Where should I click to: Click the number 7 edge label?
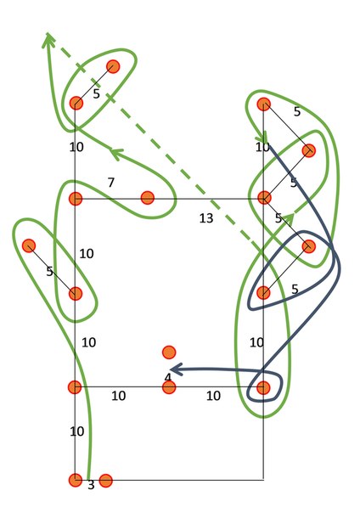click(111, 183)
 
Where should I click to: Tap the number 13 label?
click(206, 218)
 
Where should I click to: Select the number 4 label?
click(168, 378)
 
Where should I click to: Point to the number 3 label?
click(91, 485)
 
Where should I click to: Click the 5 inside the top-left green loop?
click(96, 94)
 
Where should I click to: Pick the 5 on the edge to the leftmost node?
click(49, 271)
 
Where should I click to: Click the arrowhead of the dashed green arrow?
click(48, 38)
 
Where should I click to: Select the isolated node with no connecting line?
click(169, 352)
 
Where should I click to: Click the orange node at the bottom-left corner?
click(76, 480)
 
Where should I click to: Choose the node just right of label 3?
click(105, 481)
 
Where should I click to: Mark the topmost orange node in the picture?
click(113, 67)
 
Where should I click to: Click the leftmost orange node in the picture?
click(29, 245)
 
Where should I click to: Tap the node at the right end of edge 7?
click(148, 198)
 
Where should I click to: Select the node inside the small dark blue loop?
click(263, 387)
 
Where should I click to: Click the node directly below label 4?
click(169, 387)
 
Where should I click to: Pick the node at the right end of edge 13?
click(264, 198)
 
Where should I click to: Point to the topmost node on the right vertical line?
click(264, 104)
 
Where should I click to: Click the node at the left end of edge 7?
click(76, 199)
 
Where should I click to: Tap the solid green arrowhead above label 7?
click(115, 153)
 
